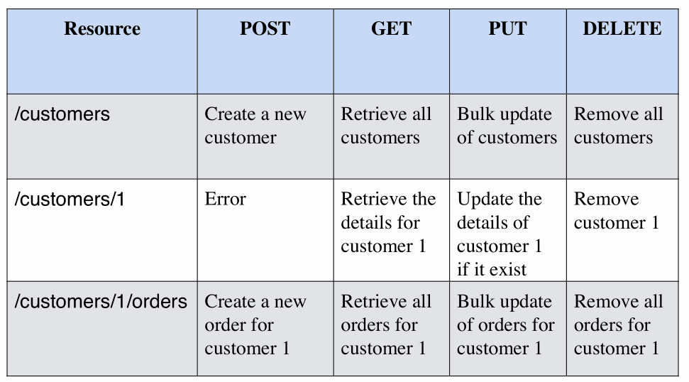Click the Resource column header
pos(102,29)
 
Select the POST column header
pos(265,29)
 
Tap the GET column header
pos(391,29)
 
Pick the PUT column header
pos(507,29)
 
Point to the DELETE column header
pos(622,29)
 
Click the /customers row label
pos(62,114)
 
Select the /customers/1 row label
pos(70,200)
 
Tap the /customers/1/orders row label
pos(101,302)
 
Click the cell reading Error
pos(225,199)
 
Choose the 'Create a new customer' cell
pos(255,126)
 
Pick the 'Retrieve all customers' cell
pos(386,126)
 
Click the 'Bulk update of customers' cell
pos(507,126)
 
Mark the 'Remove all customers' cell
pos(618,126)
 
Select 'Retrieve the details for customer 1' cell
pos(388,222)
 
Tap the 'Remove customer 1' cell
pos(617,211)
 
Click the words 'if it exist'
pos(491,270)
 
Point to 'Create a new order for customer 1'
pos(255,325)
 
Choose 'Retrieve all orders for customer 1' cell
pos(386,325)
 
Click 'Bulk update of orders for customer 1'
pos(506,325)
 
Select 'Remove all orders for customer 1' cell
pos(618,325)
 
